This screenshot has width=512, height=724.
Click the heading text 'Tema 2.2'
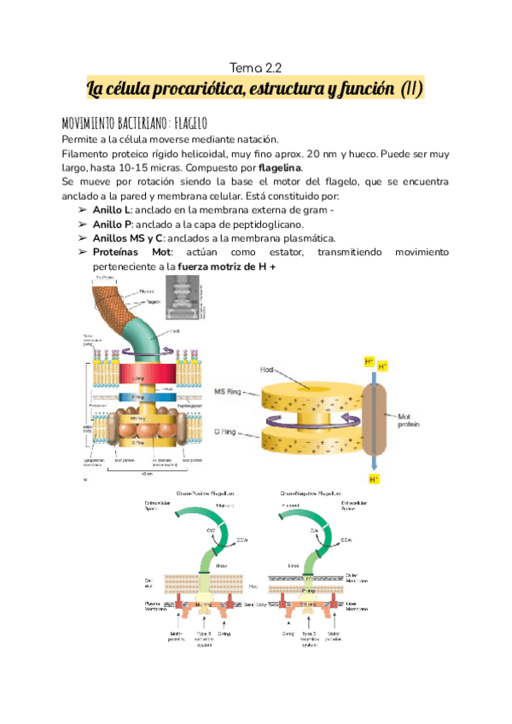coord(256,67)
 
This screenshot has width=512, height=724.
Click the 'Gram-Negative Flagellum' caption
coord(312,493)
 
